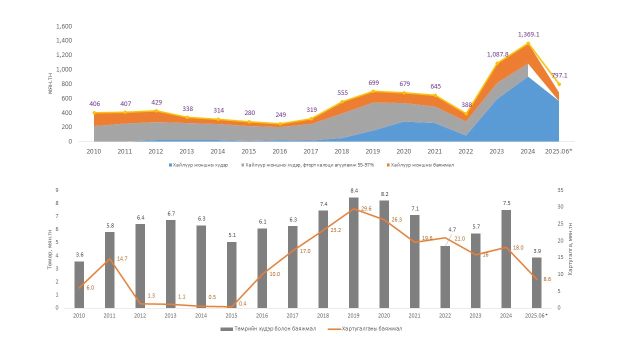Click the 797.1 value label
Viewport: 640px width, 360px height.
[559, 75]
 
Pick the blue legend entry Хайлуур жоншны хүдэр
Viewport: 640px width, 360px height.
[199, 165]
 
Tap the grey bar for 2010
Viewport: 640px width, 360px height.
[79, 284]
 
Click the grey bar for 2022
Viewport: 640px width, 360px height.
[445, 277]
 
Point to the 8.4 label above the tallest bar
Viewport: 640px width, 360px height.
[353, 190]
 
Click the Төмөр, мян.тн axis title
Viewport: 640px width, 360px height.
[50, 249]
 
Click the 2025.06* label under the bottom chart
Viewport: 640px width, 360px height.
[536, 315]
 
